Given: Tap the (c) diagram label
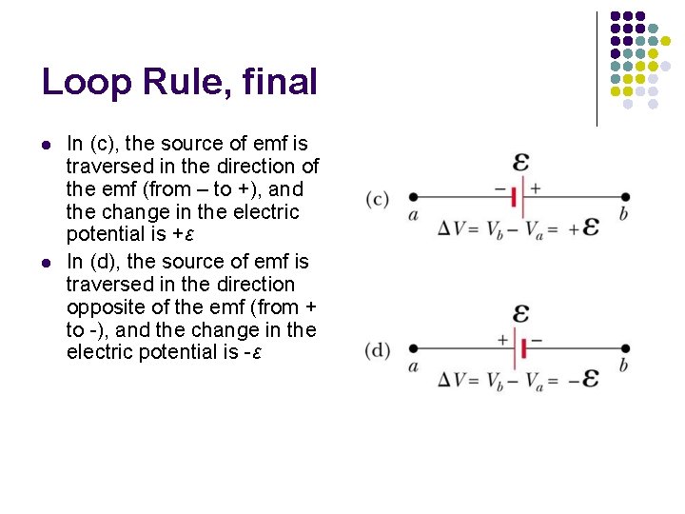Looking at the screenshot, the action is (x=377, y=199).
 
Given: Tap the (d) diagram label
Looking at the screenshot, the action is (x=377, y=349).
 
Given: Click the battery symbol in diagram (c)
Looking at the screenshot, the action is (x=516, y=197).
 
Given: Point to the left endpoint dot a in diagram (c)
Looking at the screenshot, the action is (x=412, y=197).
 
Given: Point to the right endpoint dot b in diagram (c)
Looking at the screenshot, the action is (x=623, y=197).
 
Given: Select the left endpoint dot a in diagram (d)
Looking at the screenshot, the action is (x=412, y=348).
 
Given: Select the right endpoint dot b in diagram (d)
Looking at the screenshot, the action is (x=623, y=348).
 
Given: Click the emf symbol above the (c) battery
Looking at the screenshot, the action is (x=520, y=161).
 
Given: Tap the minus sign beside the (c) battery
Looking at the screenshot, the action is (x=500, y=188).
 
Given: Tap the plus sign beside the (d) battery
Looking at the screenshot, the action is (x=503, y=339).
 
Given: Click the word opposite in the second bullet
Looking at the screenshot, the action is (x=100, y=306).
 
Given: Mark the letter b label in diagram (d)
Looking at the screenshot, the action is (x=623, y=366).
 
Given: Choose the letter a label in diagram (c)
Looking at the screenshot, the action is (x=413, y=215).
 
